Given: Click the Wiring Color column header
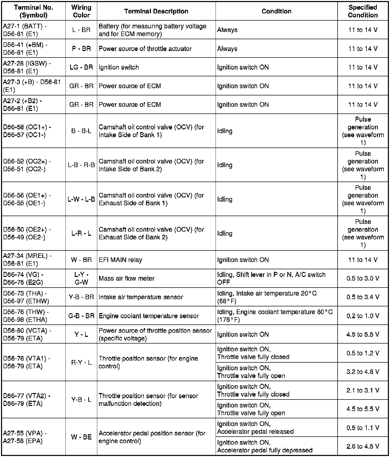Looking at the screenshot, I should click(x=81, y=11).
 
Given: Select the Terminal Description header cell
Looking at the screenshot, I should click(x=156, y=11).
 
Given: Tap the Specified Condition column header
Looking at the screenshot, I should click(x=363, y=11).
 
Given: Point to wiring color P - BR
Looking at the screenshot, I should click(x=81, y=49).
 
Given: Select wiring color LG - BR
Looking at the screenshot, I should click(x=81, y=67).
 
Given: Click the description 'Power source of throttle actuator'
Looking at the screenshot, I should click(x=145, y=49).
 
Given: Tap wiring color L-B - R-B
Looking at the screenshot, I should click(x=81, y=165).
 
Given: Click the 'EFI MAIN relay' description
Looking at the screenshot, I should click(x=120, y=260).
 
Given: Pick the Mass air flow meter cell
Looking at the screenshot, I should click(x=127, y=279).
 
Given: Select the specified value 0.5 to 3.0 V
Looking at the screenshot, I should click(x=363, y=279).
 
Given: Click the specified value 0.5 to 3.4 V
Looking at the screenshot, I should click(x=363, y=297).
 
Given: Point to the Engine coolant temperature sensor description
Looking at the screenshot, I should click(x=149, y=316).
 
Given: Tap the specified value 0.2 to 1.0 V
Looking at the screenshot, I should click(x=363, y=316).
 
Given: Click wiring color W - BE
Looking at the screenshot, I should click(x=81, y=437).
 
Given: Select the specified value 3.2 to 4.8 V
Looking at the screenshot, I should click(x=363, y=372).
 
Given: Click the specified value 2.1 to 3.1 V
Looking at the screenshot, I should click(x=363, y=390).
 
